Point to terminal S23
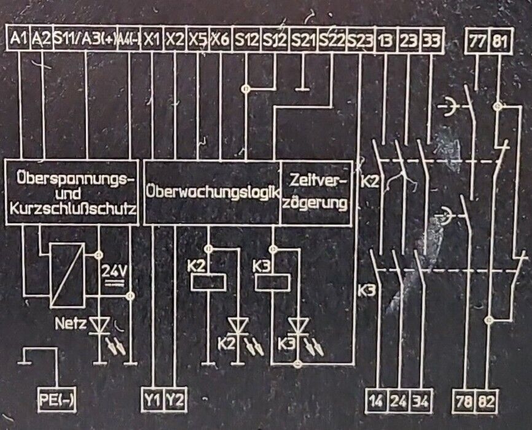tap(360, 40)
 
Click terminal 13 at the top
tap(385, 40)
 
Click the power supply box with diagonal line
tap(66, 275)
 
